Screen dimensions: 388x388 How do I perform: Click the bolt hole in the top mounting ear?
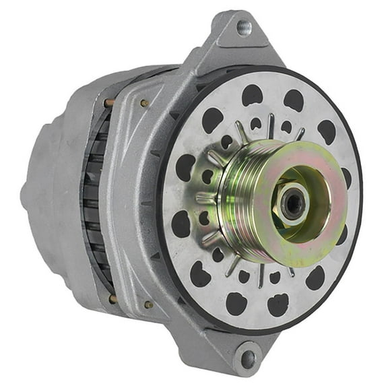pyautogui.click(x=244, y=28)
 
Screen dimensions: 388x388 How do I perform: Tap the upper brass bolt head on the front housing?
pyautogui.click(x=144, y=103)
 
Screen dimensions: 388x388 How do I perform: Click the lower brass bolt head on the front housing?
pyautogui.click(x=148, y=304)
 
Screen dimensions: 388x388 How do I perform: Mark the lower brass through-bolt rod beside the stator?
pyautogui.click(x=112, y=298)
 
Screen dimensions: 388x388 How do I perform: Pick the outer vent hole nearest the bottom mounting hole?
pyautogui.click(x=236, y=303)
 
